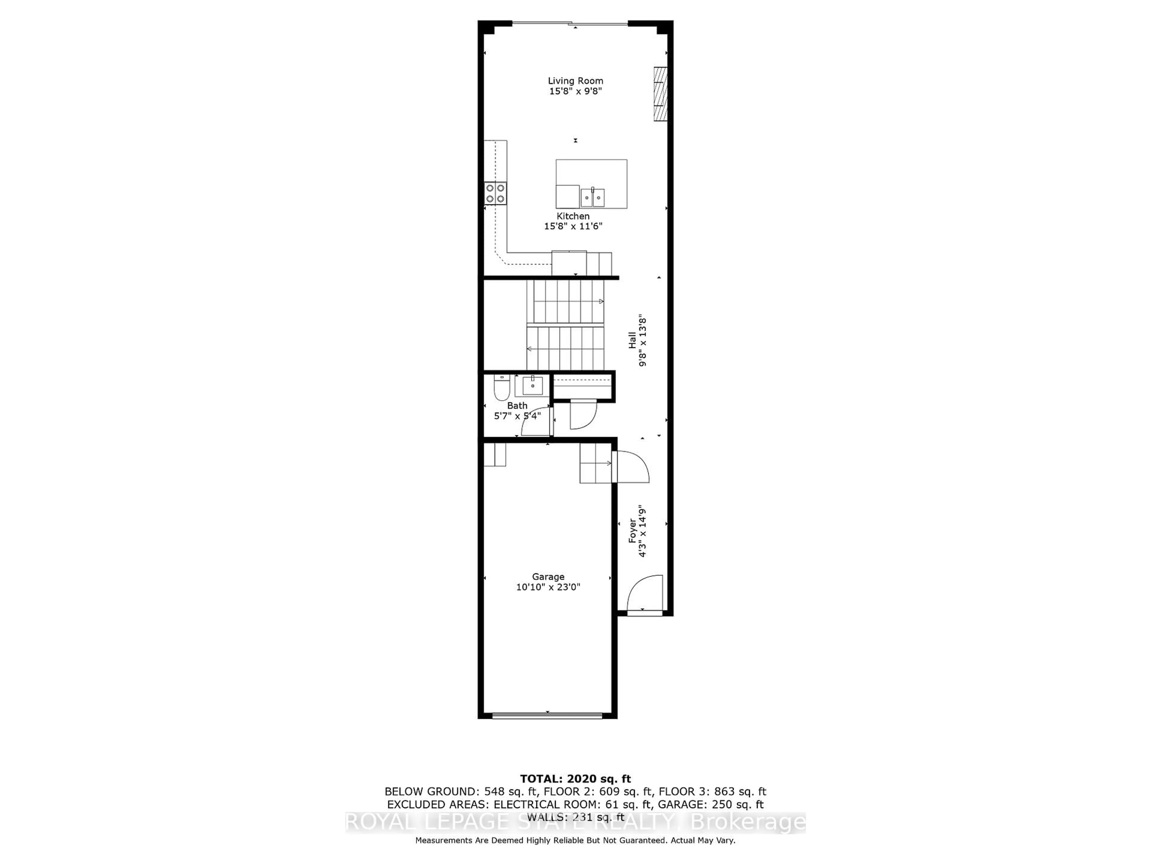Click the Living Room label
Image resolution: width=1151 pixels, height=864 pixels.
tap(575, 81)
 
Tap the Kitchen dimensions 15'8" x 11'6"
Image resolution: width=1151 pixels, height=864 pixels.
tap(573, 226)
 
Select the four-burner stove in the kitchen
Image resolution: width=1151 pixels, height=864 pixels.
tap(495, 193)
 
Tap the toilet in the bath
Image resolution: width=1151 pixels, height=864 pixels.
tap(501, 388)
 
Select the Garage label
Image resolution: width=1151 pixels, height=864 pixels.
tap(548, 577)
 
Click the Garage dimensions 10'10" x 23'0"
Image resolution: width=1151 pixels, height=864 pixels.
tap(548, 587)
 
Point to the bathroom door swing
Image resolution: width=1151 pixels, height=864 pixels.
tap(536, 422)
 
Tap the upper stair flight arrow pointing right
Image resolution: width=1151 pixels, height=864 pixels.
tap(601, 301)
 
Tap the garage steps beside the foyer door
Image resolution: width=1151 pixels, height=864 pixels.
tap(596, 463)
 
